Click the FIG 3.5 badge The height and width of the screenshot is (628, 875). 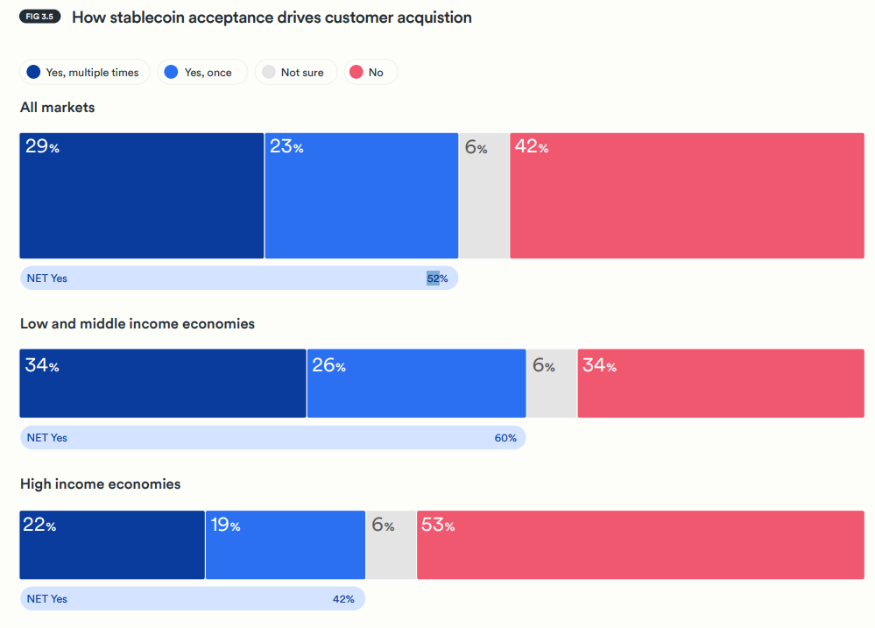(39, 17)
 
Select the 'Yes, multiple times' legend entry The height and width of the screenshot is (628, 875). (84, 73)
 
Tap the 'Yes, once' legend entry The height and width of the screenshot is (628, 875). (201, 73)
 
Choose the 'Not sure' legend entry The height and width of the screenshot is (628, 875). (295, 73)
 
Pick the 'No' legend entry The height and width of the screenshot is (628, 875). (371, 73)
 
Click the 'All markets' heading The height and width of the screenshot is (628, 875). (58, 108)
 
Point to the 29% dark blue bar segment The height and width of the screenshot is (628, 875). (141, 195)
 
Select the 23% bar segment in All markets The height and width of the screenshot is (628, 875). (361, 195)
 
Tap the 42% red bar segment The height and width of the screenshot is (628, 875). (687, 195)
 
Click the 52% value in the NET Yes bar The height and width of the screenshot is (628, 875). (437, 279)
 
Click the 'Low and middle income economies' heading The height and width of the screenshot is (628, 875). (138, 324)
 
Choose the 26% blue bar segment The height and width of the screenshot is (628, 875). (416, 383)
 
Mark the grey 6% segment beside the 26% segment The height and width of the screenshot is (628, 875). (552, 383)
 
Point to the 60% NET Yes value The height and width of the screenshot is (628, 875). (505, 438)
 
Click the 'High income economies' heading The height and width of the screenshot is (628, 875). (101, 484)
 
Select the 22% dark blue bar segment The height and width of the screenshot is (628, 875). (112, 545)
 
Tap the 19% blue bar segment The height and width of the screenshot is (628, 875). (286, 545)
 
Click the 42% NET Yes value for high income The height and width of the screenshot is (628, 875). (343, 599)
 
